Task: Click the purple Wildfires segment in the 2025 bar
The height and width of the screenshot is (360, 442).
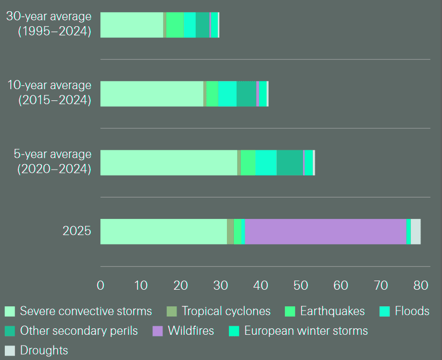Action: click(325, 231)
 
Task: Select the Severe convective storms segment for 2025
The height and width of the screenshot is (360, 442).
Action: click(164, 231)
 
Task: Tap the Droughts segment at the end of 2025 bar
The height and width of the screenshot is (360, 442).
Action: click(416, 231)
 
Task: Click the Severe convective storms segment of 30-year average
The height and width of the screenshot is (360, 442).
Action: click(132, 25)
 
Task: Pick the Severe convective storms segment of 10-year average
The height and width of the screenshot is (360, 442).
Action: click(152, 93)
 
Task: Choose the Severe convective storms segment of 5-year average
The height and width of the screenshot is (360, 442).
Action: click(168, 163)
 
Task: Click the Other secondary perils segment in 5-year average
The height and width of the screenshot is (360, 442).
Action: click(290, 163)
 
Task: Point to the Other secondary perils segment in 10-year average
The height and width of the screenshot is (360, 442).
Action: click(246, 93)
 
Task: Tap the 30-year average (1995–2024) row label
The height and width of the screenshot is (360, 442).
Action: click(49, 24)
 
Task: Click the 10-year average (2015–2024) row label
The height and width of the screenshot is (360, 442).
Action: click(49, 93)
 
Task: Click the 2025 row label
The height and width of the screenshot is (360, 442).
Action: click(77, 231)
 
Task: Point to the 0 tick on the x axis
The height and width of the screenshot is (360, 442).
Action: click(101, 285)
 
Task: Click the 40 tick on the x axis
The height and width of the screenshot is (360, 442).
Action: click(261, 285)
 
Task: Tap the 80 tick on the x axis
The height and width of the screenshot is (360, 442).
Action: click(421, 285)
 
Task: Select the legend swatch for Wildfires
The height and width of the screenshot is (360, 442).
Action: click(158, 331)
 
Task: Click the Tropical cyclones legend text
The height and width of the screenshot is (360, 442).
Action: click(226, 311)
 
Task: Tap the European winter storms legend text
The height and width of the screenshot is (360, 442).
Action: click(306, 331)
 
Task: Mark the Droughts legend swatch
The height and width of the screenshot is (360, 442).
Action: click(10, 351)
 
